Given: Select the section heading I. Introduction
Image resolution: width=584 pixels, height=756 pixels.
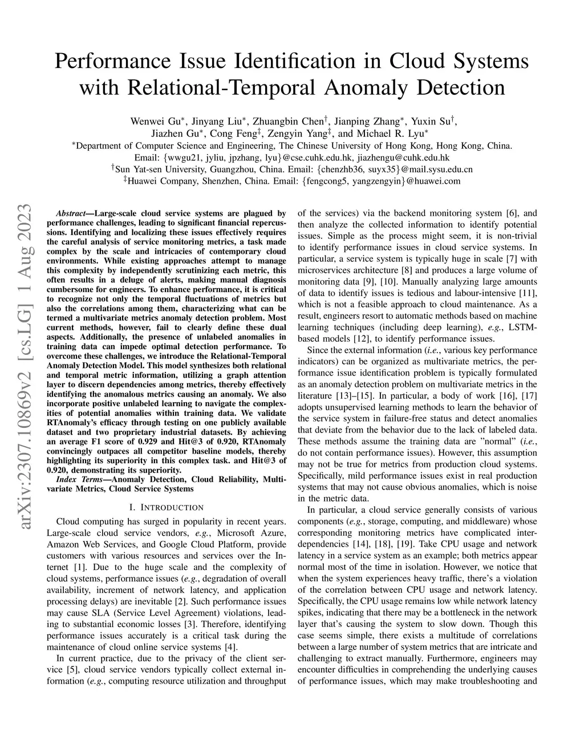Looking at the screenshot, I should [x=166, y=507].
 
